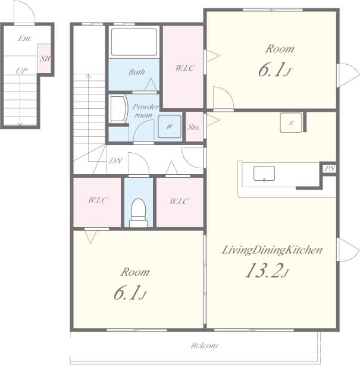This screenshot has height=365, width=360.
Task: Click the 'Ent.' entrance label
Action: [24, 39]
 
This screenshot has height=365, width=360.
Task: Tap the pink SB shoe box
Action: [44, 59]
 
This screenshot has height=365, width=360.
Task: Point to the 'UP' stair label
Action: [21, 71]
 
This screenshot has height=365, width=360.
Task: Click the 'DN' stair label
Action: [116, 161]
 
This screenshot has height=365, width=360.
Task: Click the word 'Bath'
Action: [137, 73]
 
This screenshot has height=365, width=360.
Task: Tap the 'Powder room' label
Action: [145, 111]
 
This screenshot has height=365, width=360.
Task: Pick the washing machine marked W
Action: [170, 127]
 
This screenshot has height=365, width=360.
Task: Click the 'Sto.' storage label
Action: [193, 127]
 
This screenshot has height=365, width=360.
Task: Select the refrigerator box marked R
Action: [292, 122]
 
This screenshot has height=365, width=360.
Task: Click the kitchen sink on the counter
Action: [264, 174]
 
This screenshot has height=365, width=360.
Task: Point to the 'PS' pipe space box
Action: [328, 169]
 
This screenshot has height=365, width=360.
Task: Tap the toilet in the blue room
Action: [138, 212]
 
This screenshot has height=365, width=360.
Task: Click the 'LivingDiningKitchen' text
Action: [272, 250]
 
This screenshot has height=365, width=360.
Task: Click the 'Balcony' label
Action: [204, 345]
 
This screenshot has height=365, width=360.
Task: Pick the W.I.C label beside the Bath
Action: [184, 68]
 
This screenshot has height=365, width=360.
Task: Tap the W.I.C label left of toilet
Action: [98, 201]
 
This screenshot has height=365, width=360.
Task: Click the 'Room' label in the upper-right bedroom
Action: [280, 49]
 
